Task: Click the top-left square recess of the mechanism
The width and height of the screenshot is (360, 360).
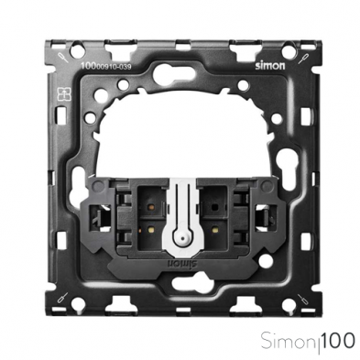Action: [149, 202]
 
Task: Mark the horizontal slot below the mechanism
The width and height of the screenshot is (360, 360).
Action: [180, 280]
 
